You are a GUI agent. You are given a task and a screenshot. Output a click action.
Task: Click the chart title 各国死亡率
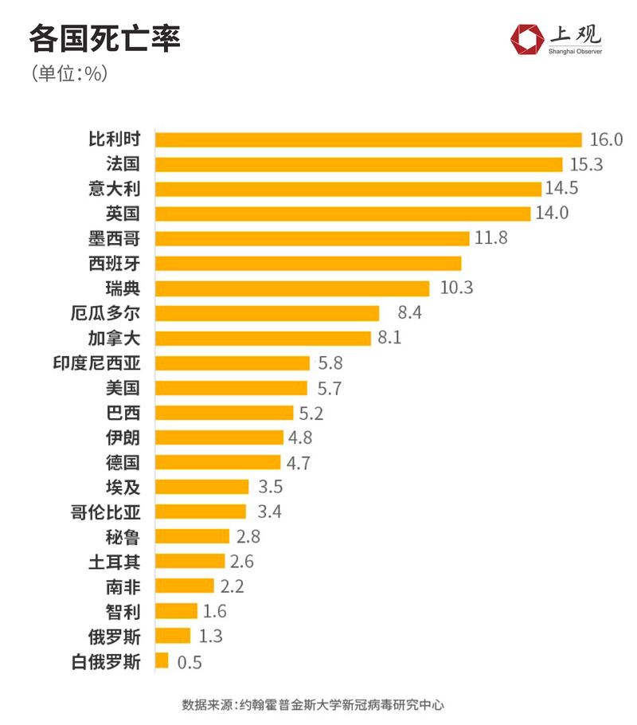(x=104, y=39)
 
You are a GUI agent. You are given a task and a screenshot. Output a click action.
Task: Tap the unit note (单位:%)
(x=69, y=73)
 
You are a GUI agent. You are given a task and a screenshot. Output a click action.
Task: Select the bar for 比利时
(x=368, y=139)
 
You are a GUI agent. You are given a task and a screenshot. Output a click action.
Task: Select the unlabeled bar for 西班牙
(x=308, y=263)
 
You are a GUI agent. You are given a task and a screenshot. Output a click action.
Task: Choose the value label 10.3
(x=456, y=288)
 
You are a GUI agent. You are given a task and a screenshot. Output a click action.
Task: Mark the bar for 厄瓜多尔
(x=267, y=312)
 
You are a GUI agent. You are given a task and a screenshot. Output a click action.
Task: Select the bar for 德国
(x=217, y=462)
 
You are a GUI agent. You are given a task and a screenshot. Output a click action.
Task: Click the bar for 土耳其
(x=190, y=561)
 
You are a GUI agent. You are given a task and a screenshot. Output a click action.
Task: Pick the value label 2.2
(x=233, y=586)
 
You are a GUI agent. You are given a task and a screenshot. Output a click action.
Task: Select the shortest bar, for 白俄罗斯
(x=162, y=660)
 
